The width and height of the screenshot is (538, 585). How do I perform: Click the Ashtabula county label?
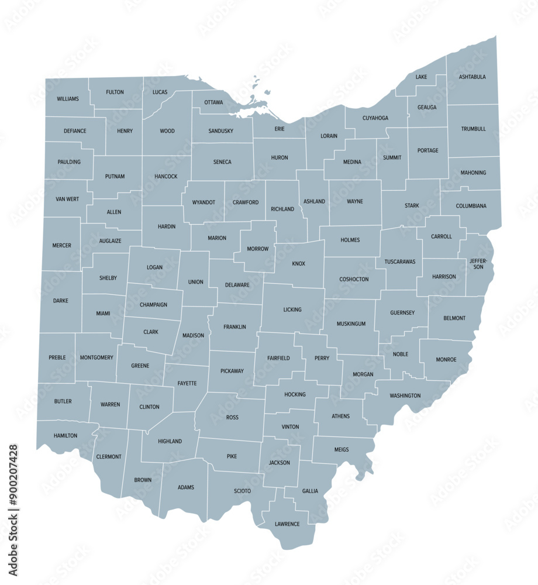tap(472, 77)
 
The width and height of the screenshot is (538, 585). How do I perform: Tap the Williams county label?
tap(68, 99)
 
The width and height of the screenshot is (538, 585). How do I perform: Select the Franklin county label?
tap(234, 327)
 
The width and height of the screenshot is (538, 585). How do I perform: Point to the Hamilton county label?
tap(65, 436)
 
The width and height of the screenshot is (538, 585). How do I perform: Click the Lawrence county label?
tap(287, 524)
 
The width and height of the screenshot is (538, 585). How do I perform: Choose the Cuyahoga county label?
tap(375, 118)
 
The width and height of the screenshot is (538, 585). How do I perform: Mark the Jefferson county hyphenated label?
tap(478, 263)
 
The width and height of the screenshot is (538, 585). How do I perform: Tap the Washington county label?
tap(405, 396)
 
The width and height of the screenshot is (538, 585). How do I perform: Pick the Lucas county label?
tap(160, 92)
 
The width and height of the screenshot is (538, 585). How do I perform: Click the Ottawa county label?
tap(213, 102)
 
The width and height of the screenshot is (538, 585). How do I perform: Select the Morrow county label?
tap(257, 249)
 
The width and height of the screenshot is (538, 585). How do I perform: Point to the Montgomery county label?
tap(96, 357)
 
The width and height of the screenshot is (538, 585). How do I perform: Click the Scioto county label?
tap(242, 491)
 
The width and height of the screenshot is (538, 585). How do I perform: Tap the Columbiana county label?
tap(471, 206)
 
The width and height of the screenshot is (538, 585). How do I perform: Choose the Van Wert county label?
tap(67, 199)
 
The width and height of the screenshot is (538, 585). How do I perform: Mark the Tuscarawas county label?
tap(400, 261)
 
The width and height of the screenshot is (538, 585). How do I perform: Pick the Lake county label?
tap(421, 77)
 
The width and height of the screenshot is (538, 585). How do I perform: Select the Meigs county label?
tap(342, 450)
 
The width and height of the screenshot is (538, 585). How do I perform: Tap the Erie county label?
tap(280, 129)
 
